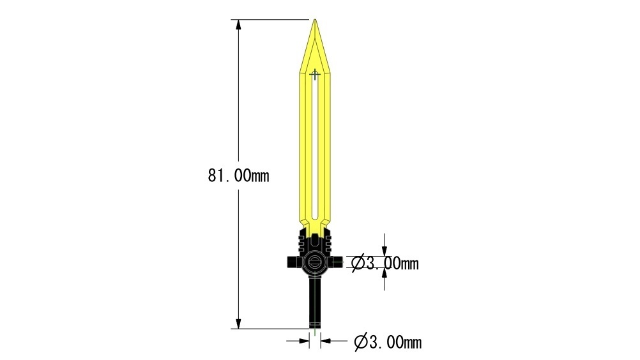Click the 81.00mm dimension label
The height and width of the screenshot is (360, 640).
[x=238, y=176]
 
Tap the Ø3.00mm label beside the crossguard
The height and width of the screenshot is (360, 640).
[x=385, y=264]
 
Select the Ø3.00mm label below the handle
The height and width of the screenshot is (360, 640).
[x=388, y=342]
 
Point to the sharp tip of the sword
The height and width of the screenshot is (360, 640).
[x=315, y=19]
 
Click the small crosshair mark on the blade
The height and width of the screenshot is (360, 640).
[x=315, y=75]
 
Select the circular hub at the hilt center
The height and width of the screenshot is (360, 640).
[x=315, y=262]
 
